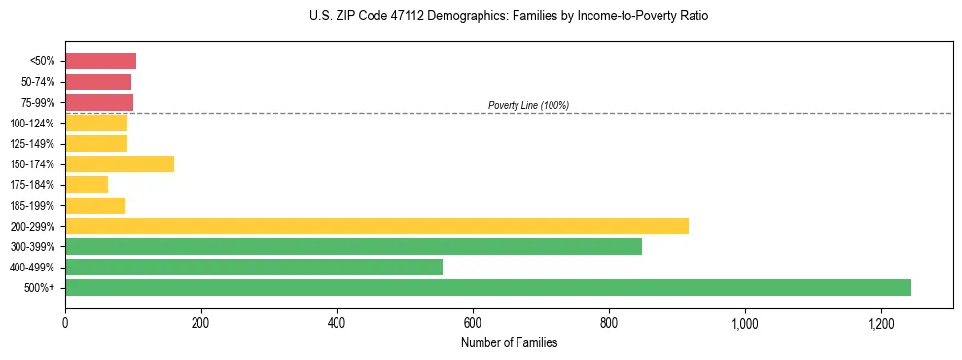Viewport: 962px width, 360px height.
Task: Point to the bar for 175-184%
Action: [87, 185]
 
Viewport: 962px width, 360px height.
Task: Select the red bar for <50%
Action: [100, 61]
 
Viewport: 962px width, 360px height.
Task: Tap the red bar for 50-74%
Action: [98, 82]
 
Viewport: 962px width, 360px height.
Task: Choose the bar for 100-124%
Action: [96, 124]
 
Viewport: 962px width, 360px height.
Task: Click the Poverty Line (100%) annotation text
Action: [528, 105]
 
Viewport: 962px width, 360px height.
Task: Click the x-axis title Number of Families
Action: [509, 343]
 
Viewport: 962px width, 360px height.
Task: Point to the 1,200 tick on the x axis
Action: [880, 323]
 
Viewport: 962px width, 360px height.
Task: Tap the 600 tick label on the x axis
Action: [473, 323]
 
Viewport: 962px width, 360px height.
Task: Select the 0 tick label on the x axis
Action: [65, 323]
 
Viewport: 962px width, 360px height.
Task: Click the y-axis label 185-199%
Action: [32, 205]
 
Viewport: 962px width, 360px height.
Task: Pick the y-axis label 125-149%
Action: [32, 144]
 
